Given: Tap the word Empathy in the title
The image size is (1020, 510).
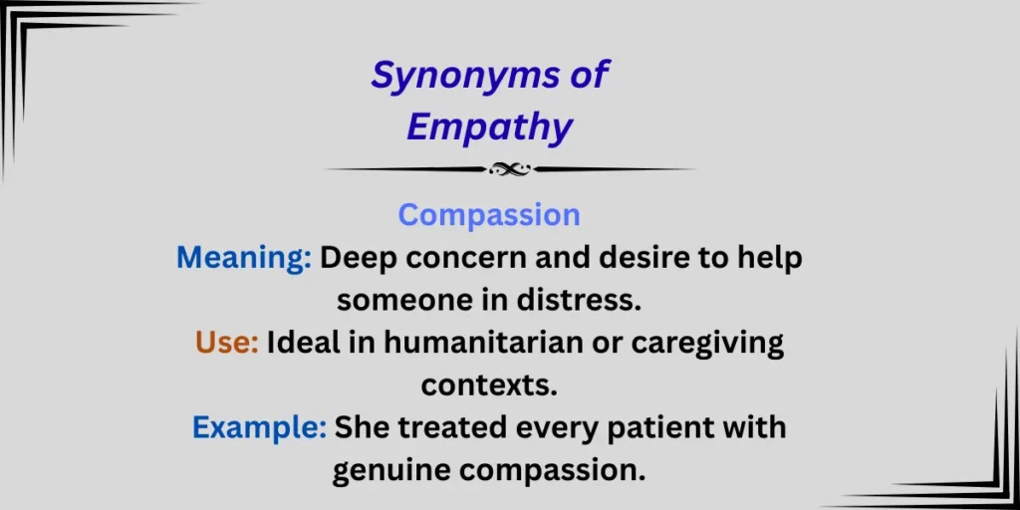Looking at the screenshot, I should coord(489,127).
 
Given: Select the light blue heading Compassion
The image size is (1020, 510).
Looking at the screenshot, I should coord(489,215).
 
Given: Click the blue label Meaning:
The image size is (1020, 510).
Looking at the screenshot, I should coord(244,258).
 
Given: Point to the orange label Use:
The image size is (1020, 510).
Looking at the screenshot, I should coord(227,344).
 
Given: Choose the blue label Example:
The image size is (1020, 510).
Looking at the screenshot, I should coord(259,427).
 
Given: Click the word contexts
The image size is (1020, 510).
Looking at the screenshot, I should coord(488,384).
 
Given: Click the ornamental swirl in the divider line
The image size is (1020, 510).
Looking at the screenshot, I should coord(509,169).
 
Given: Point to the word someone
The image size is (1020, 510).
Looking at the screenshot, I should coord(390,300).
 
